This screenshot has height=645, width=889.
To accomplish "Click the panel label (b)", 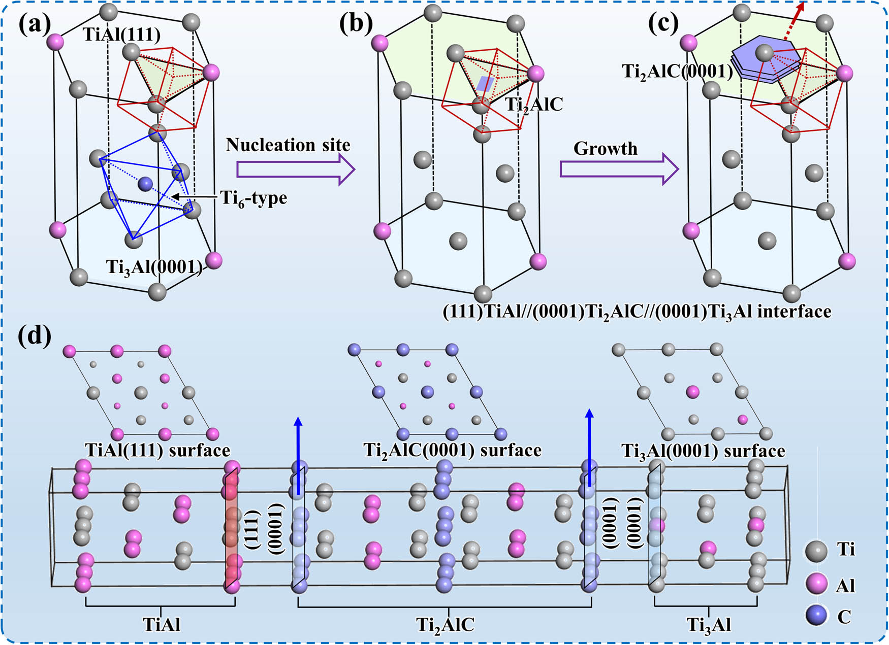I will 356,24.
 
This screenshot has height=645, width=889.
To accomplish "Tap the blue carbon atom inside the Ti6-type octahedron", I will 146,184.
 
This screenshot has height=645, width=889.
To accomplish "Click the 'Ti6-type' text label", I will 253,197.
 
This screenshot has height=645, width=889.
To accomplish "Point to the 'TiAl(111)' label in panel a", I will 121,35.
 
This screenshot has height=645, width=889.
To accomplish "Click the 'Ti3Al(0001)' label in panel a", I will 154,266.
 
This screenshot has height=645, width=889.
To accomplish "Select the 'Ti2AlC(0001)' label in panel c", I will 677,72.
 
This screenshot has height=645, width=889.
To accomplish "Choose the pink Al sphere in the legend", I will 816,584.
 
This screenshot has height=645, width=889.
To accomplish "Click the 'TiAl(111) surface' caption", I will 157,450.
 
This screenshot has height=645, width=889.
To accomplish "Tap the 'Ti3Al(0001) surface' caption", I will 703,451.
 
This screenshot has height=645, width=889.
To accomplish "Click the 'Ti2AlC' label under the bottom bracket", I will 445,625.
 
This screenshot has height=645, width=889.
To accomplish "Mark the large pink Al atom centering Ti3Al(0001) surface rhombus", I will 692,392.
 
